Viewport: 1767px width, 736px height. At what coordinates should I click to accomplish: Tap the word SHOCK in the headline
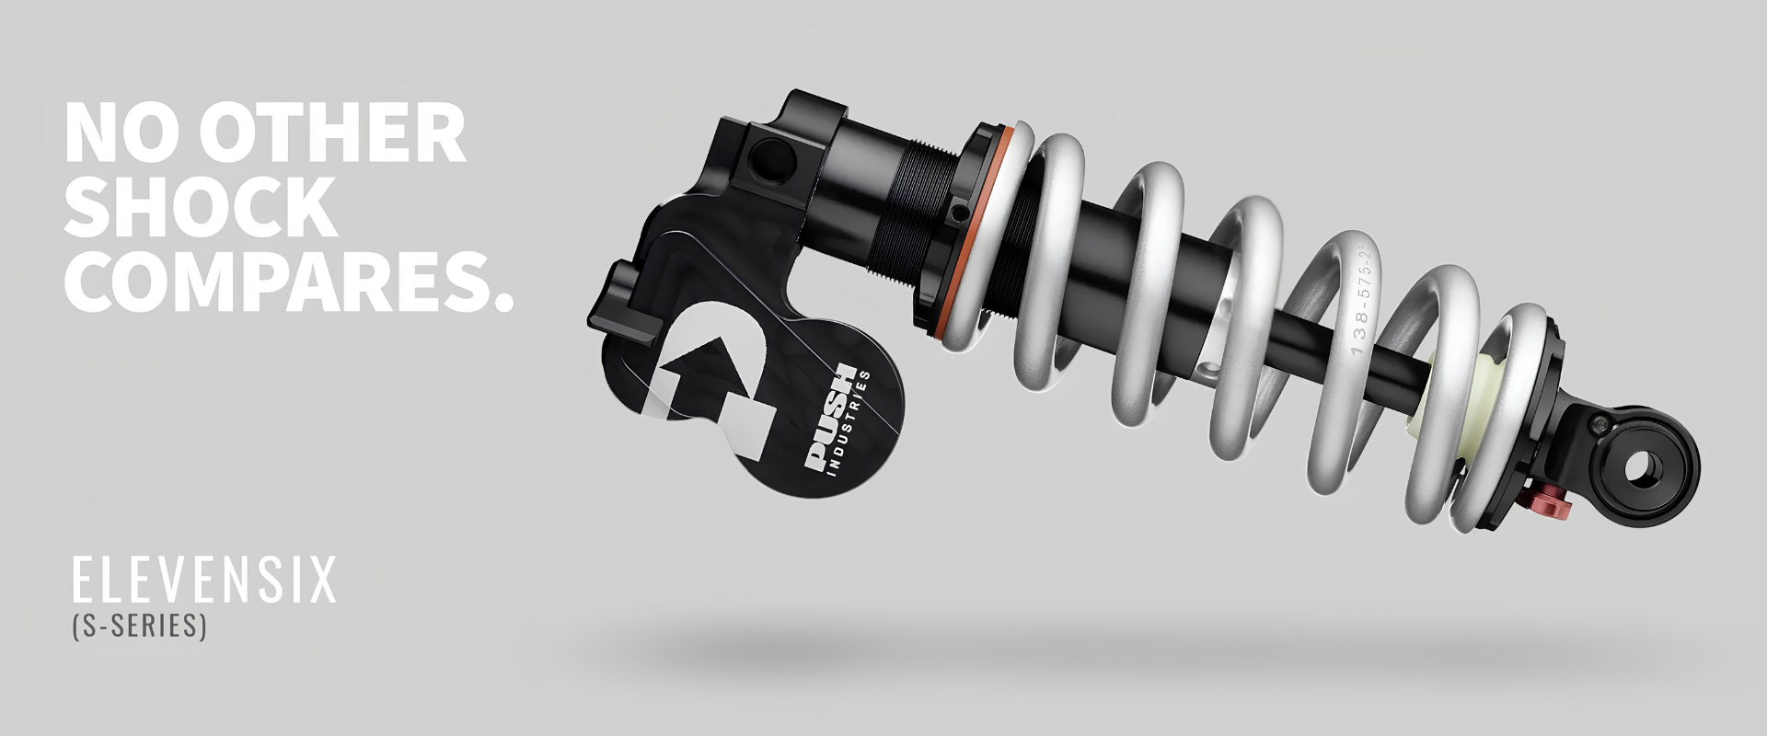[x=200, y=206]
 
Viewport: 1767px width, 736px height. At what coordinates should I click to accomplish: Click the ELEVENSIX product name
[x=203, y=581]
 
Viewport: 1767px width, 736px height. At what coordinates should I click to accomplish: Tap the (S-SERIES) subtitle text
[x=139, y=627]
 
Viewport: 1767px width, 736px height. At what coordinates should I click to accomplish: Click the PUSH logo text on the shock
[x=829, y=419]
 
